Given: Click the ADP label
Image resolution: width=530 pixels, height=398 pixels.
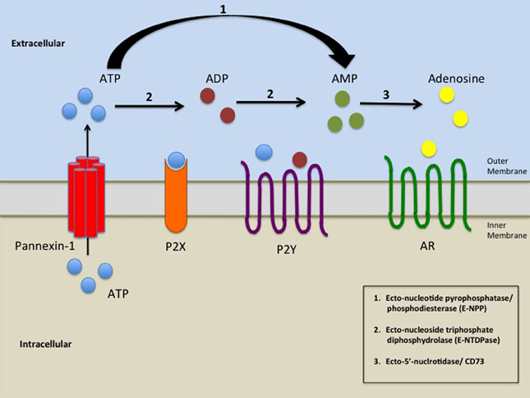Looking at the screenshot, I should pyautogui.click(x=216, y=80).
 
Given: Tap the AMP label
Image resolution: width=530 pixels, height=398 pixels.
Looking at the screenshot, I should pyautogui.click(x=343, y=80).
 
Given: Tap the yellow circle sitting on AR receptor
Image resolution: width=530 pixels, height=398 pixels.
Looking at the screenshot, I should pyautogui.click(x=428, y=148).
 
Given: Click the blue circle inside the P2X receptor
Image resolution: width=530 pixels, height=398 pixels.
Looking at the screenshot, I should pyautogui.click(x=177, y=158).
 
